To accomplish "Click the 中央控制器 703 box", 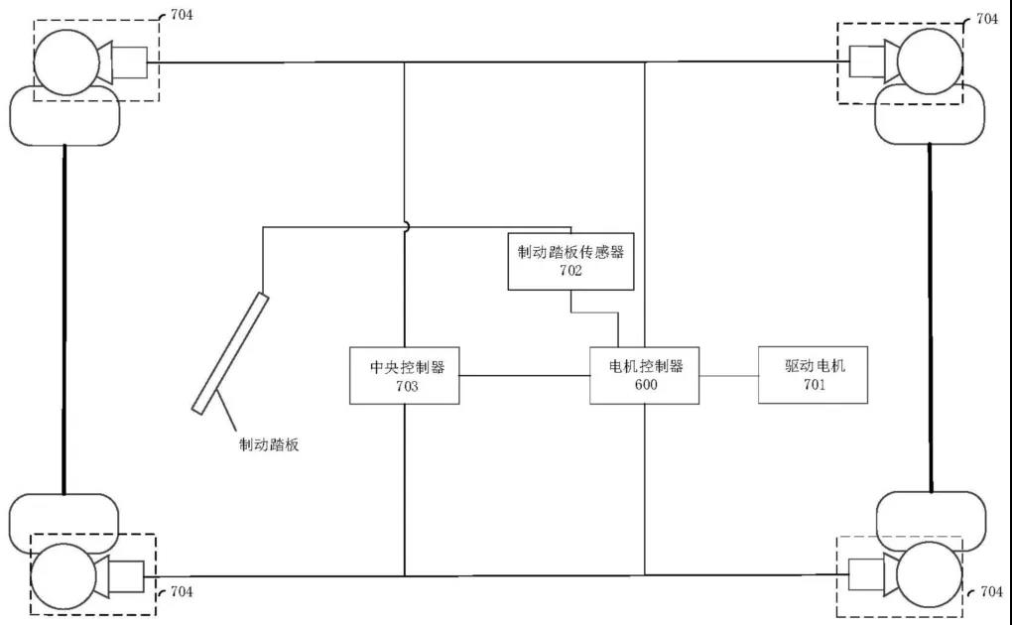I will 405,375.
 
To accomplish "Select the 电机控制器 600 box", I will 644,375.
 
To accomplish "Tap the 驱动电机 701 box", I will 813,375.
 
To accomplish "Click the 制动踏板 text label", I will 269,445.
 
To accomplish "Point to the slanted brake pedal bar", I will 229,352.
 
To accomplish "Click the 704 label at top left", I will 182,16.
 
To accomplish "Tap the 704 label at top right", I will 988,19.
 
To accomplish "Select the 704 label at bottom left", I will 181,592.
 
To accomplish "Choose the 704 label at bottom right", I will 990,591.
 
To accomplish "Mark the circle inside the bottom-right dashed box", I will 929,575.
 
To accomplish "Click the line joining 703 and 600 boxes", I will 525,376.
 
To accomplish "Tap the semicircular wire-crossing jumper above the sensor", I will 405,225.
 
